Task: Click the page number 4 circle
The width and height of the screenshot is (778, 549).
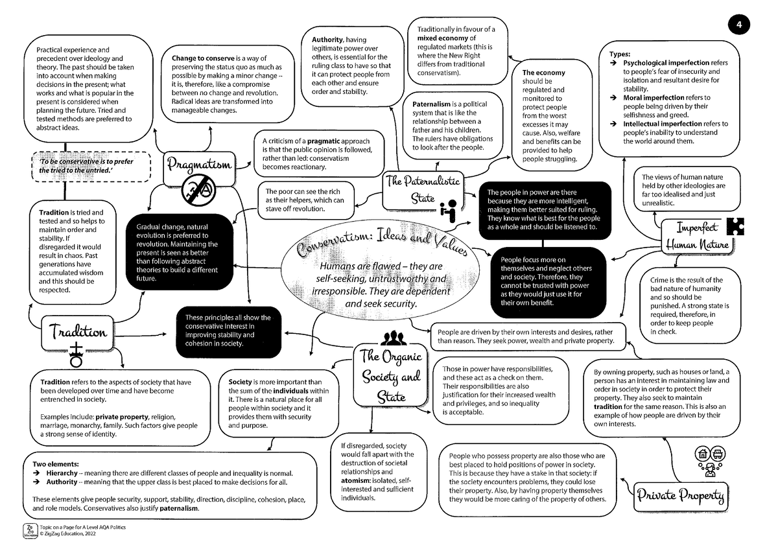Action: (738, 25)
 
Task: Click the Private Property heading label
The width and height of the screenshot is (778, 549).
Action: (680, 496)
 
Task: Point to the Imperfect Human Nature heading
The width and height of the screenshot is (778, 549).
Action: (697, 237)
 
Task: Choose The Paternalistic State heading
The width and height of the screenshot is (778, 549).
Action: (423, 189)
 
